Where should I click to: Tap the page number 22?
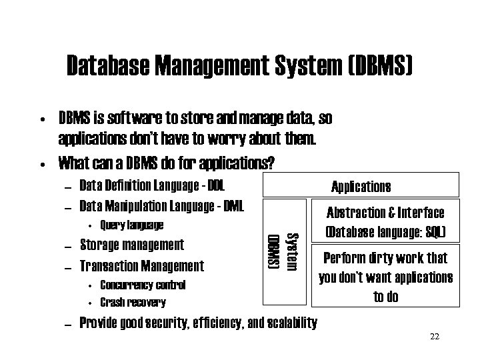pyautogui.click(x=435, y=336)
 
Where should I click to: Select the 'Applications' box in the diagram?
pyautogui.click(x=361, y=186)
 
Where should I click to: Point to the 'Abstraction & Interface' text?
pyautogui.click(x=386, y=213)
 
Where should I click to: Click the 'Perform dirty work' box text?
pyautogui.click(x=386, y=277)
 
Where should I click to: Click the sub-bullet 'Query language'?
pyautogui.click(x=131, y=225)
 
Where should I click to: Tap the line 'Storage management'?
pyautogui.click(x=131, y=245)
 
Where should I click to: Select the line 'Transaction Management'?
pyautogui.click(x=141, y=266)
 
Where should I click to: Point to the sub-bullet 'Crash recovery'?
pyautogui.click(x=133, y=302)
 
